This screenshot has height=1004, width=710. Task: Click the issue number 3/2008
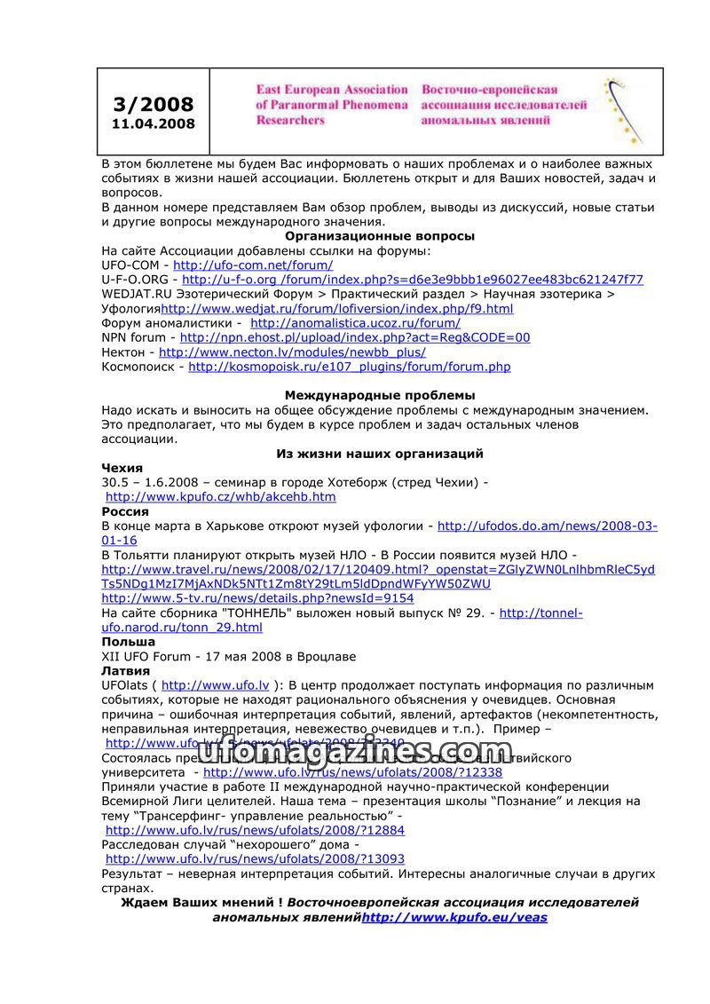(x=153, y=105)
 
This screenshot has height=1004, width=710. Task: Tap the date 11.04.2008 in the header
(x=153, y=124)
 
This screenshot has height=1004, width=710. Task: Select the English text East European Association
(x=331, y=90)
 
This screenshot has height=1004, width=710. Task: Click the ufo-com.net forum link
(x=253, y=265)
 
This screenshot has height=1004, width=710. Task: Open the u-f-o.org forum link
(x=413, y=280)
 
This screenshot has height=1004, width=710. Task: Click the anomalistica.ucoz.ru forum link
(x=355, y=323)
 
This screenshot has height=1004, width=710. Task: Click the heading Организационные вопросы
(x=380, y=236)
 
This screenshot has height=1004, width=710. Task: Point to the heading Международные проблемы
(x=380, y=395)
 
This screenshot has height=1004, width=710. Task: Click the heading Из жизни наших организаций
(x=380, y=454)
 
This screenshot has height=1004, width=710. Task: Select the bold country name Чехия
(x=122, y=468)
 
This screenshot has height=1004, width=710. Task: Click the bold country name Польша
(x=129, y=642)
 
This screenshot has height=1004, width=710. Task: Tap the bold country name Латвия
(x=126, y=671)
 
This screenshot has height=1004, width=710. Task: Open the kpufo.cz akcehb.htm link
(x=220, y=497)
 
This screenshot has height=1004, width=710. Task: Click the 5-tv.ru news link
(x=257, y=598)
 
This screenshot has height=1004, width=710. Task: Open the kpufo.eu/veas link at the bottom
(x=454, y=917)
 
